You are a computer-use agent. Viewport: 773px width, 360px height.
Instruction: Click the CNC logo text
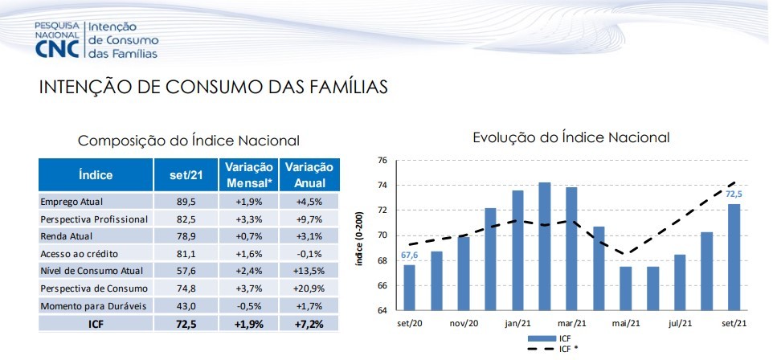point(57,49)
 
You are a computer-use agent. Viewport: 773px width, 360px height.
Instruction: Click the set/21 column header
point(186,174)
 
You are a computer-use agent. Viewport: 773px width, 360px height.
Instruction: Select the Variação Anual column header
point(309,174)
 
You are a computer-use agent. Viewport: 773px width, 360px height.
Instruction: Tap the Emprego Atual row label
point(72,201)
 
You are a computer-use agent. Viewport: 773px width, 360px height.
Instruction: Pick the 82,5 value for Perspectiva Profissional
point(186,219)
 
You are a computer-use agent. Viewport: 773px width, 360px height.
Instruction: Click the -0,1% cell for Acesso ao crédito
point(309,253)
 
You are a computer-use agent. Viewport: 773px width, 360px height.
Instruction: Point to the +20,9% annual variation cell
point(309,288)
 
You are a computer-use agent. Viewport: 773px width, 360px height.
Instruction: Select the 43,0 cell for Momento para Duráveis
point(186,305)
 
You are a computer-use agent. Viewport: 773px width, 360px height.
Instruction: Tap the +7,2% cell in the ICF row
point(309,324)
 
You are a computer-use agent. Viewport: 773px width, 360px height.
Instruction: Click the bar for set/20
point(409,288)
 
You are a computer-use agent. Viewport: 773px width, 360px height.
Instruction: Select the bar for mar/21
point(571,249)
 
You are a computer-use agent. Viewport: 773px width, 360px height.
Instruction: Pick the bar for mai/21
point(625,288)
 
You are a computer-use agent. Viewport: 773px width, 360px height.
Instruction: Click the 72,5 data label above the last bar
point(734,194)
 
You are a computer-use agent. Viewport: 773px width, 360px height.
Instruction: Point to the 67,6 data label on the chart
point(409,255)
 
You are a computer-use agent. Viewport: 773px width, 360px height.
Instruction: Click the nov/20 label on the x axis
point(464,324)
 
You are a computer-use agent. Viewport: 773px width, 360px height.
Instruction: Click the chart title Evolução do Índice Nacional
point(571,137)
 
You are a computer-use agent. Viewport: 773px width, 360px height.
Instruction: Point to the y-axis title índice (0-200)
point(359,239)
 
